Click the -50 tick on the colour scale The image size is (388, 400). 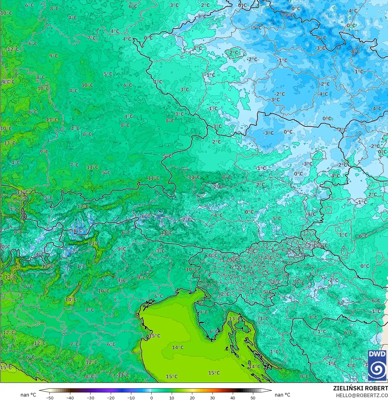pyautogui.click(x=50, y=398)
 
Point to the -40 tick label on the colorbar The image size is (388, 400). pyautogui.click(x=70, y=398)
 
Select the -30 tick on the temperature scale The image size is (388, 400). pyautogui.click(x=91, y=398)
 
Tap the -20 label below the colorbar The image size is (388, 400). pyautogui.click(x=111, y=398)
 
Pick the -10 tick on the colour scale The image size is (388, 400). pyautogui.click(x=131, y=398)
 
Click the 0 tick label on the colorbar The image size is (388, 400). pyautogui.click(x=152, y=398)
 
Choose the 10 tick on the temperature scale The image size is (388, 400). pyautogui.click(x=172, y=398)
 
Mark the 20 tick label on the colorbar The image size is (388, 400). pyautogui.click(x=192, y=398)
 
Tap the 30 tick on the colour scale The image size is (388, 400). pyautogui.click(x=212, y=398)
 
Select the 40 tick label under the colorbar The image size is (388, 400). pyautogui.click(x=232, y=398)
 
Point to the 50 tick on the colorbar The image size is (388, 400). pyautogui.click(x=253, y=398)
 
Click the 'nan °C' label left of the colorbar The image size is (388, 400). pyautogui.click(x=28, y=395)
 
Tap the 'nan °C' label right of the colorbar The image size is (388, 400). pyautogui.click(x=283, y=395)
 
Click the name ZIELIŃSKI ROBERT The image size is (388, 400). pyautogui.click(x=360, y=388)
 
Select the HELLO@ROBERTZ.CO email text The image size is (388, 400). pyautogui.click(x=362, y=395)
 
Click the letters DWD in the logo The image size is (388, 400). pyautogui.click(x=377, y=354)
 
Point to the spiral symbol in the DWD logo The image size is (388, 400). pyautogui.click(x=377, y=369)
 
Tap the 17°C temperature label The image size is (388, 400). pyautogui.click(x=11, y=277)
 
